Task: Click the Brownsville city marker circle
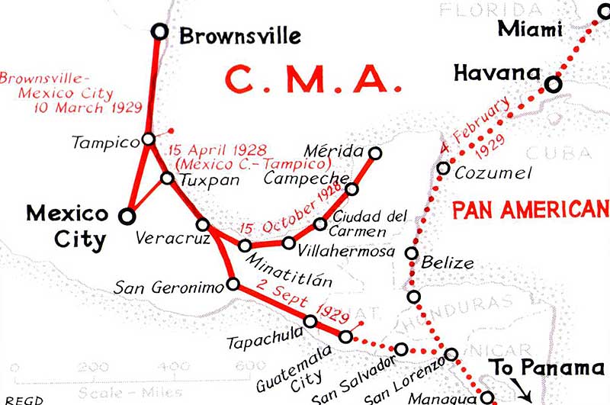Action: tap(159, 31)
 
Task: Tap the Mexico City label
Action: tap(68, 226)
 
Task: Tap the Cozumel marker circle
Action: tap(444, 168)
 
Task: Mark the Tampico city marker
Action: tap(148, 140)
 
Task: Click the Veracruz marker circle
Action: tap(203, 224)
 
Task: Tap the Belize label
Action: tap(448, 263)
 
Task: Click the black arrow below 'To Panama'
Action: tap(524, 394)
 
